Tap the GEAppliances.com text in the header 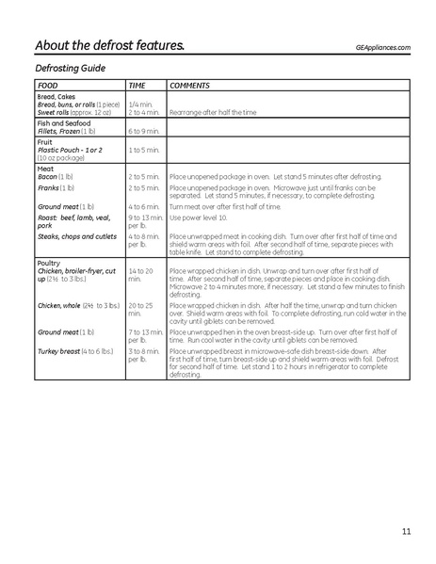point(383,47)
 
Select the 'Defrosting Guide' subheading point(70,69)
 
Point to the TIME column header point(137,85)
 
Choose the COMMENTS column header point(190,85)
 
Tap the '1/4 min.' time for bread point(140,104)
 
